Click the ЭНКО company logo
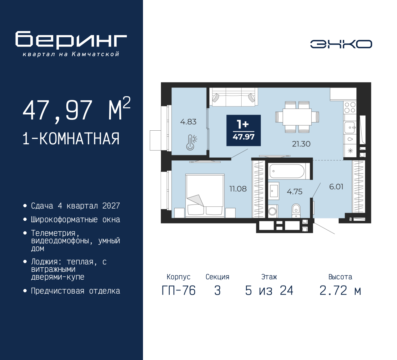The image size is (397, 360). [x=341, y=44]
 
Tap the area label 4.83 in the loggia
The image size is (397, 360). [x=188, y=122]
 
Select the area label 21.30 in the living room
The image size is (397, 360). [x=301, y=144]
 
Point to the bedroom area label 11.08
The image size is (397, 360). [x=238, y=189]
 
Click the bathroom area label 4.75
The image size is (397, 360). [x=294, y=192]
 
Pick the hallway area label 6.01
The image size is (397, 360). [x=336, y=187]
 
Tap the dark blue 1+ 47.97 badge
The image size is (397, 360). [x=243, y=130]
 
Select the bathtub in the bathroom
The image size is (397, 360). [x=287, y=171]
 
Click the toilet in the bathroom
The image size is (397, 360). [x=296, y=210]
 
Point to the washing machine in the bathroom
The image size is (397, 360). [x=272, y=211]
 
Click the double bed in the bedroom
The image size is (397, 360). [x=205, y=195]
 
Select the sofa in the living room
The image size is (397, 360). [x=234, y=97]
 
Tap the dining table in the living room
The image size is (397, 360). [x=297, y=117]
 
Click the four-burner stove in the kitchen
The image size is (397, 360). [x=350, y=108]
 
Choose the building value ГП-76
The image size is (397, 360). [x=178, y=291]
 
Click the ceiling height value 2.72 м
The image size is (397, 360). [x=340, y=291]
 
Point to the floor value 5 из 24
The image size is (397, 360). [x=269, y=291]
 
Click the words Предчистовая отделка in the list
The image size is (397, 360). [x=75, y=291]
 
